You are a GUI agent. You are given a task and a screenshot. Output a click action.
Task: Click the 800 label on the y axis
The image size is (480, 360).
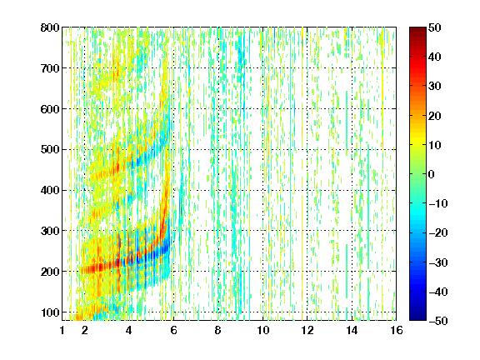point(50,27)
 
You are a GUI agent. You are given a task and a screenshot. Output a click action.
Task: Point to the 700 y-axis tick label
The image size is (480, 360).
point(50,68)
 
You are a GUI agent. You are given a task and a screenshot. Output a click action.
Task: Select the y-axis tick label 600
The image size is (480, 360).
point(50,109)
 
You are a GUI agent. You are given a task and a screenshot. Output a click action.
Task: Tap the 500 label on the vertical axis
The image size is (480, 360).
point(50,150)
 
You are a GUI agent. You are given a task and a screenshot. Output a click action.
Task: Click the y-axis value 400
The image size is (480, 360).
point(50,191)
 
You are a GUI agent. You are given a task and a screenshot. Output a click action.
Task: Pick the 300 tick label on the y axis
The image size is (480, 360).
point(50,231)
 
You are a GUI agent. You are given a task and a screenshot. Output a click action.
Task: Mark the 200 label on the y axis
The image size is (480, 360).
point(50,272)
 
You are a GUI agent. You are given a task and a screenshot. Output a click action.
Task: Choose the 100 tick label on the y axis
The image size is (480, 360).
point(50,312)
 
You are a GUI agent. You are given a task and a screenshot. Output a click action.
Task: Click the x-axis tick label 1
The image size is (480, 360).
point(62,330)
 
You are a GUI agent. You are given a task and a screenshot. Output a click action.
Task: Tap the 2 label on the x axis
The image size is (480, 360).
point(85,330)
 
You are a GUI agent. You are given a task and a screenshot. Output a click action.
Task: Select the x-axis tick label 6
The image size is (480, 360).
point(173,330)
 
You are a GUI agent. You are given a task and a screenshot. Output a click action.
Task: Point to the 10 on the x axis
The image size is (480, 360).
point(263,330)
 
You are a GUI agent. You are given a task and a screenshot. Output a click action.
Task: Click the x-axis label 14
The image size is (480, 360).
point(352,330)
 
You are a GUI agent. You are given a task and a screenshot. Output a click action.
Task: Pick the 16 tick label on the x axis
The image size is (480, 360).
point(397,330)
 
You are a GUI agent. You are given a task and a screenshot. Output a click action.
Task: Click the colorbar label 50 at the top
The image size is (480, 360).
point(434,27)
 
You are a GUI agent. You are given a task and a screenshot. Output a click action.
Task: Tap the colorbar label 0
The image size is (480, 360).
point(432,174)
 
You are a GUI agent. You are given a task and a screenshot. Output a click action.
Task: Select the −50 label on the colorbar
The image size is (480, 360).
point(437,321)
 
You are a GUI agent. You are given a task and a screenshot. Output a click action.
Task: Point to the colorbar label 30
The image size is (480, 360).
point(434,87)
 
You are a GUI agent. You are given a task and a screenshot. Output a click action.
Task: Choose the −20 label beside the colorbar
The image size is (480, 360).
point(437,233)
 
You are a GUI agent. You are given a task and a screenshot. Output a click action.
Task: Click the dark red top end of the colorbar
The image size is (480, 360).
point(417,28)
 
